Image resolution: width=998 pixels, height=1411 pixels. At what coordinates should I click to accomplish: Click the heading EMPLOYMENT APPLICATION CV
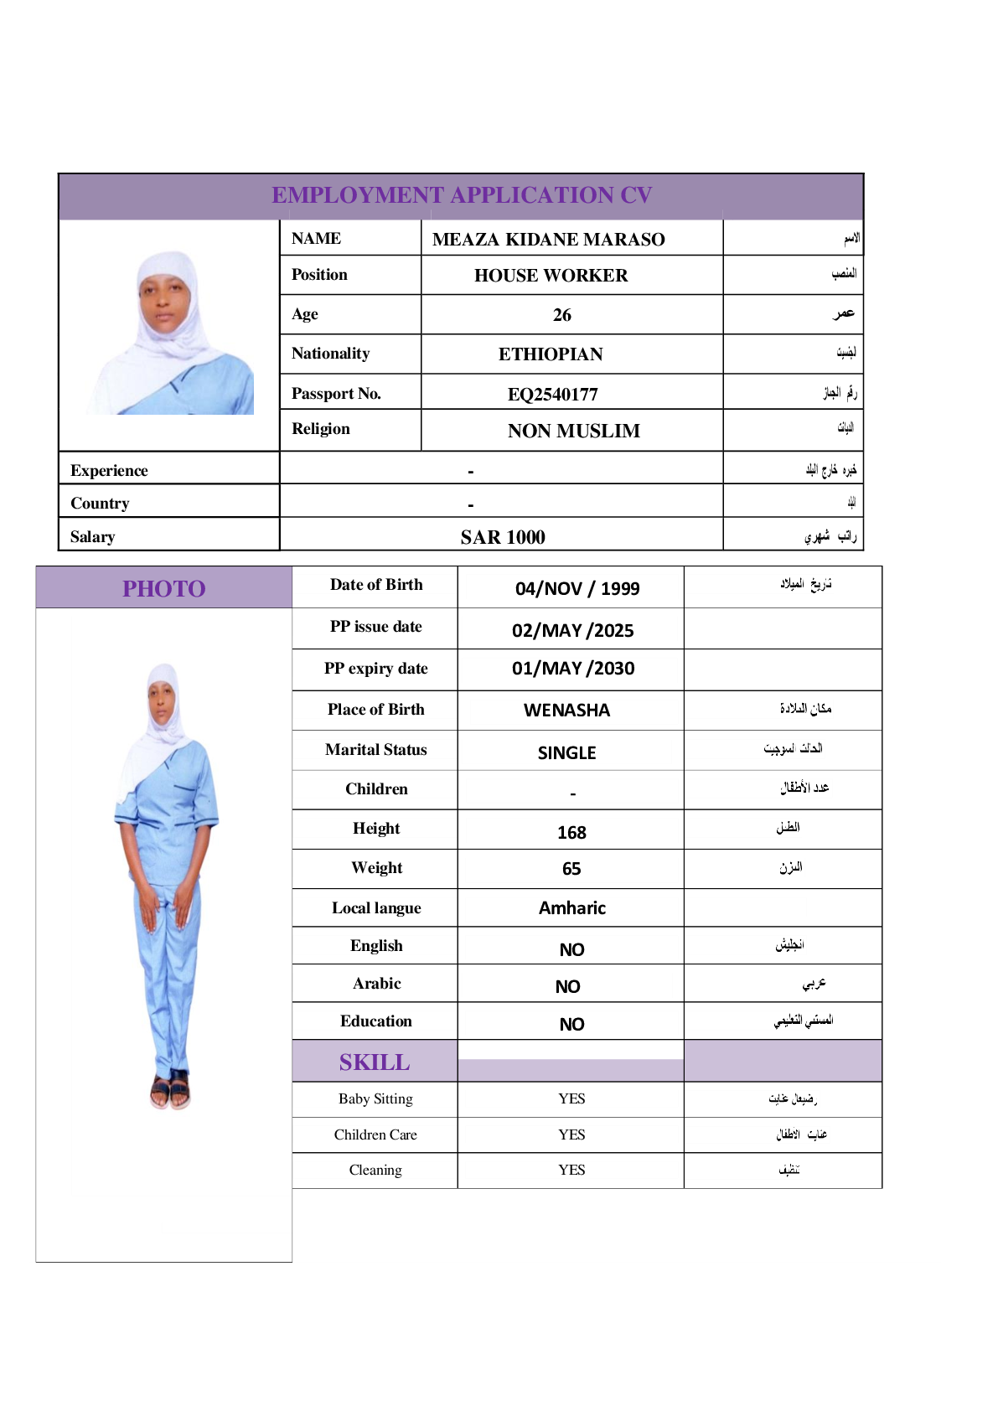462,195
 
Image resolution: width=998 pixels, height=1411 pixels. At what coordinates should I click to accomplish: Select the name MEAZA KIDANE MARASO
548,240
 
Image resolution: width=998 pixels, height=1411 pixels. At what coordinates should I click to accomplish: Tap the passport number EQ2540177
552,394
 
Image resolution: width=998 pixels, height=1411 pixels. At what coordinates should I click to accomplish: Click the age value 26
561,315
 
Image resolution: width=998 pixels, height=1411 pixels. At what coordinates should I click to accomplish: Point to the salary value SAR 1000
502,537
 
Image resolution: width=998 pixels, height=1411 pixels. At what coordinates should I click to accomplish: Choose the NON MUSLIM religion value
573,431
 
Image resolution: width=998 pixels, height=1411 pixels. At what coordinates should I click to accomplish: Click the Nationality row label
330,354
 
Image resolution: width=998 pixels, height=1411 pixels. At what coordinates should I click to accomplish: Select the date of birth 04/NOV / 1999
577,588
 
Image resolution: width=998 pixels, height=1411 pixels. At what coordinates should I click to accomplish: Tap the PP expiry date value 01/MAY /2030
572,669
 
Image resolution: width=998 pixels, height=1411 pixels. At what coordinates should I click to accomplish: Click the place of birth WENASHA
566,711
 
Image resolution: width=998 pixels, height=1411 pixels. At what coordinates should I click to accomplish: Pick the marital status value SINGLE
566,752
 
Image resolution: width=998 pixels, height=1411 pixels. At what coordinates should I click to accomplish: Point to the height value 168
571,832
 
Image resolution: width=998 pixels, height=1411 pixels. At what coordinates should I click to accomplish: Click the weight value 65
571,869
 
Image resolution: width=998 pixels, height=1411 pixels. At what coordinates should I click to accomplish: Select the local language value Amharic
571,908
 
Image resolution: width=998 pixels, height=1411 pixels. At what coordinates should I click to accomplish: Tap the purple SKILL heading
375,1062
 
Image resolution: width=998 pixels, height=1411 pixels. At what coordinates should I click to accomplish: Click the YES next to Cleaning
571,1170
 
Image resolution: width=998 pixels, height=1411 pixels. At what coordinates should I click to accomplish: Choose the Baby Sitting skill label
375,1098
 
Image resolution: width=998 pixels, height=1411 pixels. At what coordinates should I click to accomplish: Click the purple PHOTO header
164,588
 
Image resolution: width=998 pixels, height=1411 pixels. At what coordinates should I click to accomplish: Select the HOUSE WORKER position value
551,276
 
